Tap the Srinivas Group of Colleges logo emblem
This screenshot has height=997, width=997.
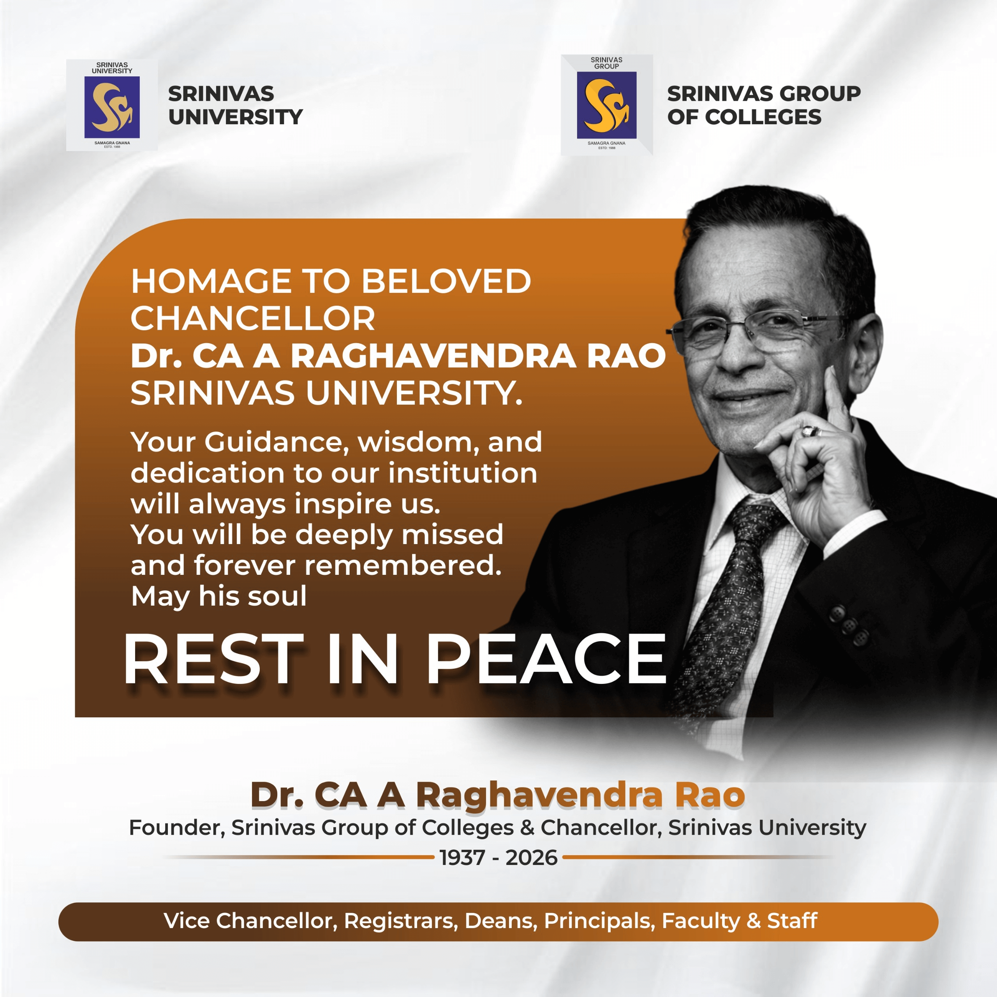click(x=606, y=105)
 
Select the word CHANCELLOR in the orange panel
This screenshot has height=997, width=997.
click(x=253, y=319)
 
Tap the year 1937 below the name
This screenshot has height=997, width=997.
click(x=462, y=858)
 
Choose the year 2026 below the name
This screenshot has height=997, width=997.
click(x=532, y=858)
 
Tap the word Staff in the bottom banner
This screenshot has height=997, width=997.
click(x=792, y=921)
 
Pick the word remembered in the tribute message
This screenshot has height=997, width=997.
click(x=403, y=565)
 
